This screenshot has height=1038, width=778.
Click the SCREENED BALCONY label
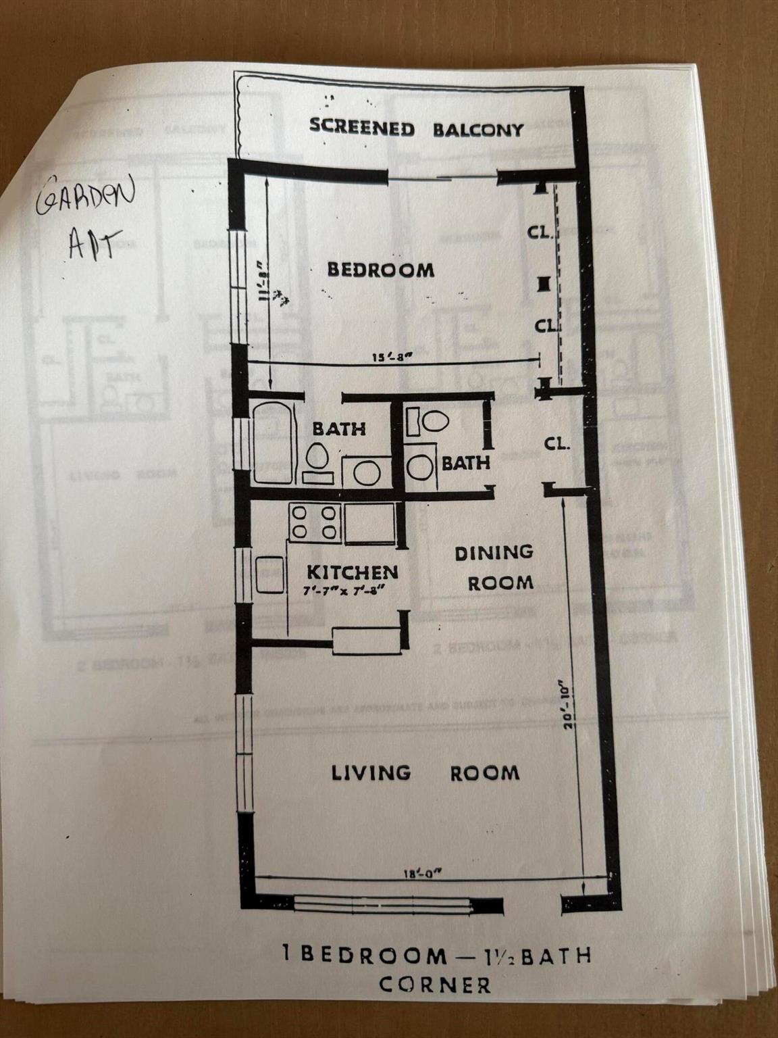click(x=416, y=128)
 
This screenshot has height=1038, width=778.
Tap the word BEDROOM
click(x=381, y=270)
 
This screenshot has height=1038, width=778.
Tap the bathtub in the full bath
click(x=274, y=443)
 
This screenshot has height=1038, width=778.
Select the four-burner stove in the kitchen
click(x=313, y=522)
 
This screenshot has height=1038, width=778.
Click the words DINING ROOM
click(x=494, y=567)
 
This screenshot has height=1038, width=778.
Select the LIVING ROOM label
click(x=425, y=772)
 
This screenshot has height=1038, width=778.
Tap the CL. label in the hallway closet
click(x=558, y=445)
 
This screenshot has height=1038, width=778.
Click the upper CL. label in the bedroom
click(x=541, y=234)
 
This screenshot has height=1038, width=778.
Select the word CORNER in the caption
click(x=435, y=984)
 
